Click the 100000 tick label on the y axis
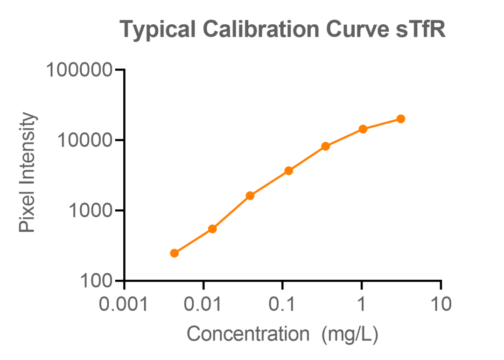tap(79, 70)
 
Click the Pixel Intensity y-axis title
tap(28, 173)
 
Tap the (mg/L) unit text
tap(350, 334)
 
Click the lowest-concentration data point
tap(174, 253)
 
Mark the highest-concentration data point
tap(400, 119)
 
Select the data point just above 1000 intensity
tap(250, 195)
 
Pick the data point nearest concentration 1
tap(363, 129)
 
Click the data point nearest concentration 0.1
tap(289, 171)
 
